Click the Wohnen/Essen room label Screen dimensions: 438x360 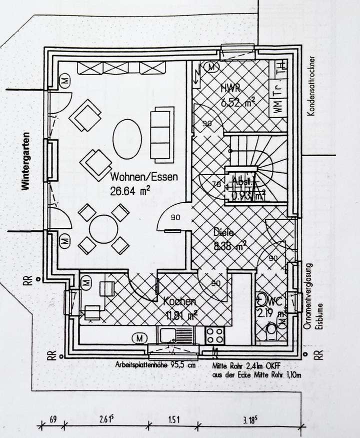[x=144, y=177]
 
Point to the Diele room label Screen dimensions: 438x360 [x=223, y=233]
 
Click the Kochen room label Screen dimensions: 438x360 [x=179, y=302]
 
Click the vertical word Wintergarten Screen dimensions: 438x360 [x=24, y=161]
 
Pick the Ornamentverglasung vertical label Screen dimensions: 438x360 [x=308, y=296]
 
